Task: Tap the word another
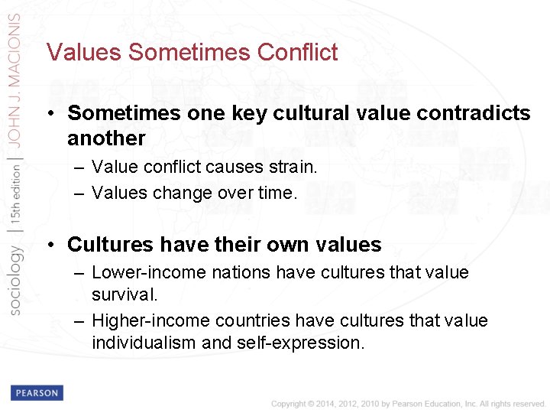point(106,138)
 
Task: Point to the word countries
point(253,320)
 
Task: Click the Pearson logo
point(37,392)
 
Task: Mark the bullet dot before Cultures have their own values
point(49,245)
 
